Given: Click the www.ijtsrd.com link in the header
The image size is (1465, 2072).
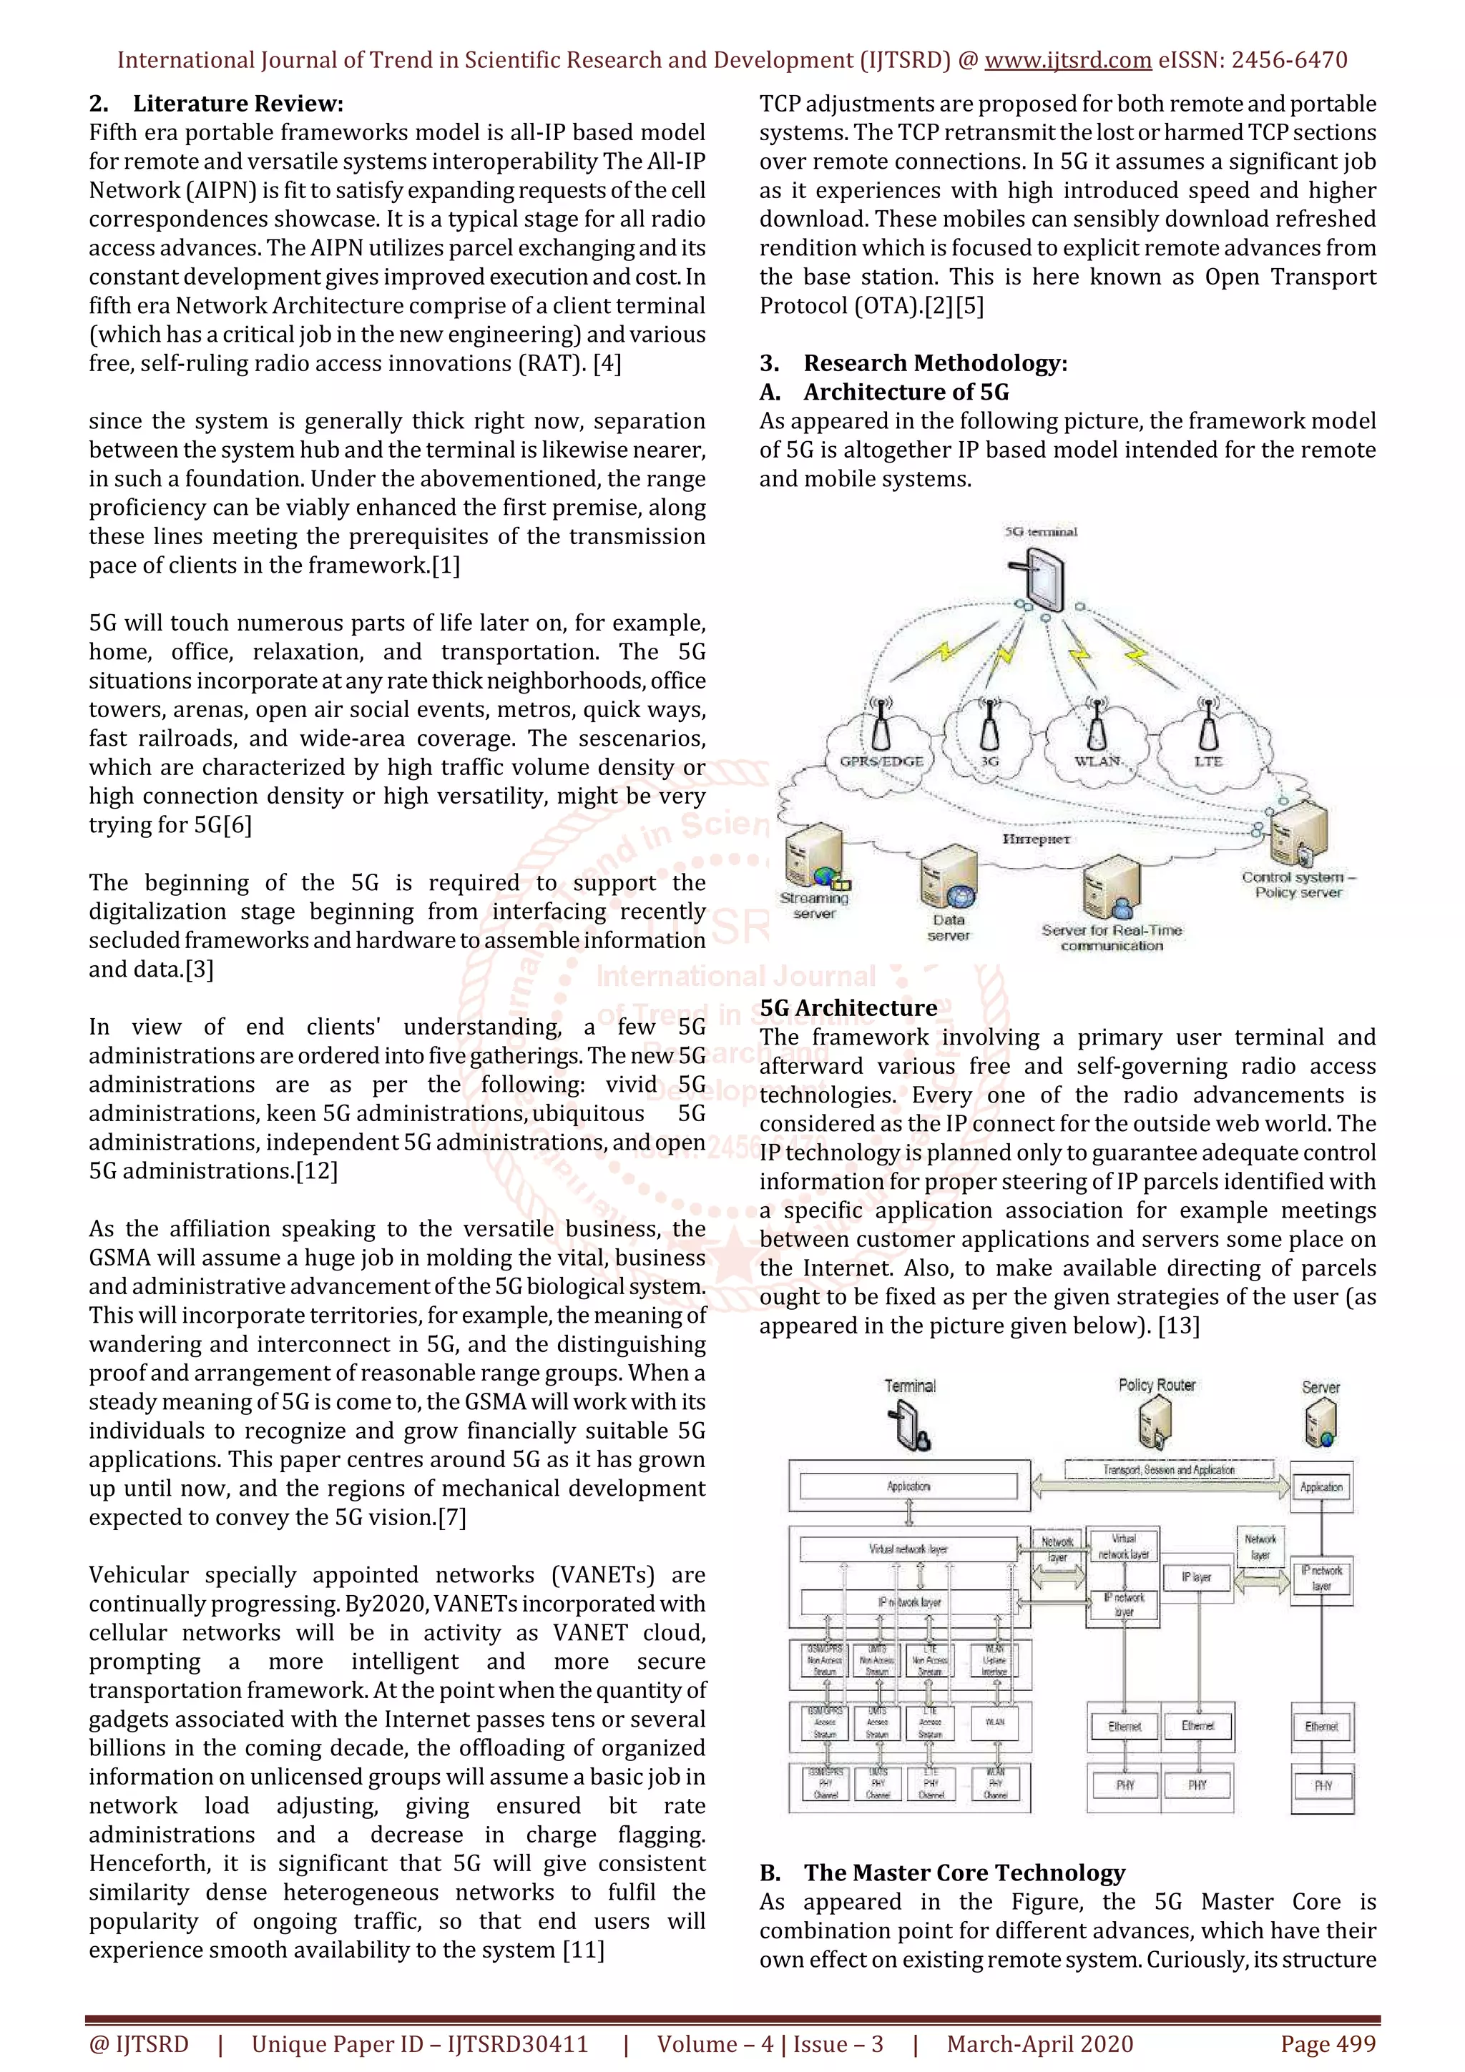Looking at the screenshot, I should click(x=1067, y=61).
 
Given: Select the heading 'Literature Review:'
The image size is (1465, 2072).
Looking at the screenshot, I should click(x=237, y=104).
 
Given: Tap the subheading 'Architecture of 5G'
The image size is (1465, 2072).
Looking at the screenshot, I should click(x=906, y=392).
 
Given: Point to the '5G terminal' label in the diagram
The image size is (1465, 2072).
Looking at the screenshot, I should click(x=1041, y=531).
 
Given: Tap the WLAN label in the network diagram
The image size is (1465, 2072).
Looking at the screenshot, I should click(x=1097, y=761).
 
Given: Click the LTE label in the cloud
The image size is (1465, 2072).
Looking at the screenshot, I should click(x=1207, y=761).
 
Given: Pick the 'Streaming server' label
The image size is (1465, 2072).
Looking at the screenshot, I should click(x=814, y=905).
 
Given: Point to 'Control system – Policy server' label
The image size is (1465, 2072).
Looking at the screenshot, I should click(x=1298, y=884).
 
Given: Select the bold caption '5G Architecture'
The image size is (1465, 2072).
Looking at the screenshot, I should click(x=848, y=1008).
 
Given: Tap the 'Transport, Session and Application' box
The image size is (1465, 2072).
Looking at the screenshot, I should click(x=1168, y=1470).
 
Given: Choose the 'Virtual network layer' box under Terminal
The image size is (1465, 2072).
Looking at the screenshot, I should click(x=908, y=1549).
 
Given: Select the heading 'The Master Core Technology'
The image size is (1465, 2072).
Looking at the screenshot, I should click(x=964, y=1873).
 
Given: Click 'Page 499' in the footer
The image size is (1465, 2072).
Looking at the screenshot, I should click(x=1328, y=2044).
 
